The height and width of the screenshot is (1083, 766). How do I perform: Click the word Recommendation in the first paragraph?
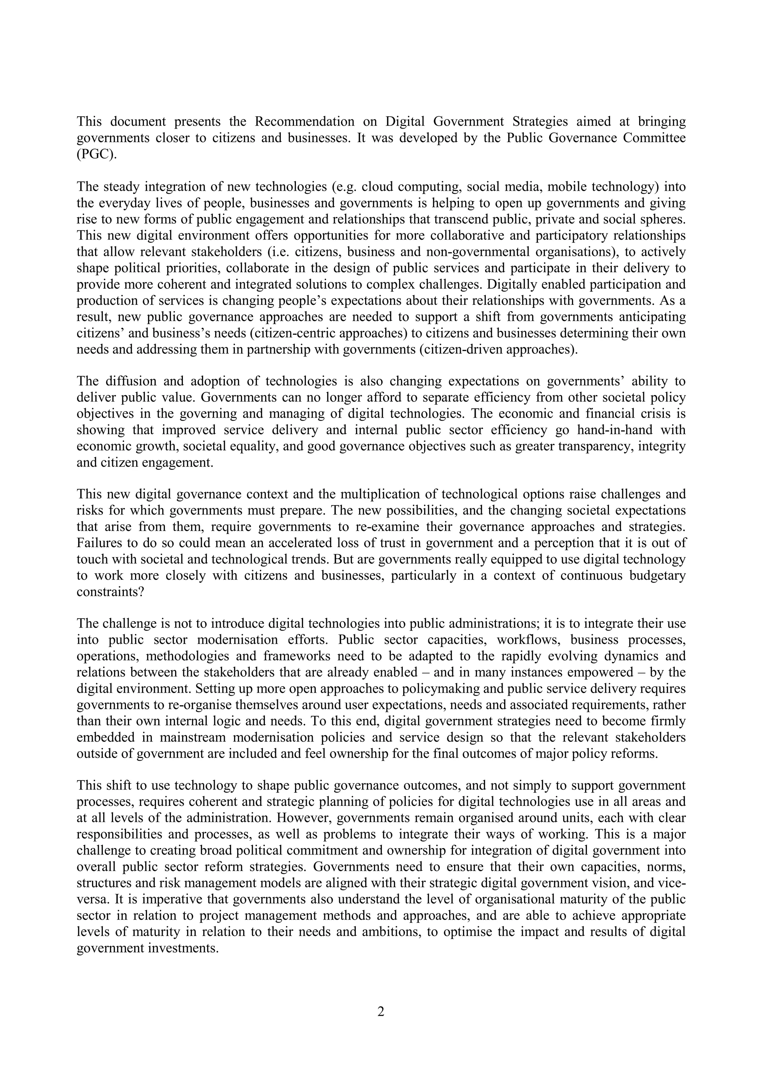click(x=305, y=122)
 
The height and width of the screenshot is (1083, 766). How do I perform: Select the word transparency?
click(x=594, y=446)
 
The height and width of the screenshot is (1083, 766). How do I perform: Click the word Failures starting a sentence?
click(x=97, y=543)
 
